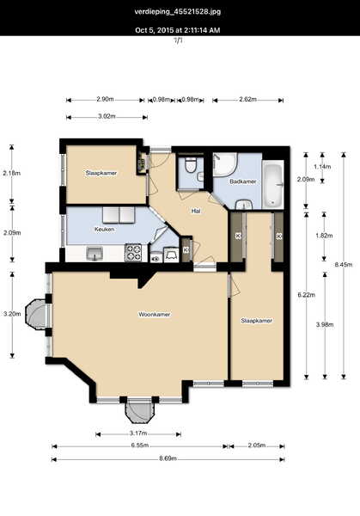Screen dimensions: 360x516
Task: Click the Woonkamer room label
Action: (x=155, y=314)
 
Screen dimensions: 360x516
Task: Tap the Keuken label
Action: (x=104, y=229)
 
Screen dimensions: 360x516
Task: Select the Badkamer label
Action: (x=243, y=181)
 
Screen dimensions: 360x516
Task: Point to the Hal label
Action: (x=196, y=211)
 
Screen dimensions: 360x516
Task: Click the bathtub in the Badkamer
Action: (x=273, y=184)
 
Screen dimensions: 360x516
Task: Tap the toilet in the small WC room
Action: (x=190, y=165)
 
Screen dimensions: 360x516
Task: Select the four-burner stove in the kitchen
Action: (x=133, y=253)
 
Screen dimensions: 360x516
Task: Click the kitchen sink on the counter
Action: (x=95, y=254)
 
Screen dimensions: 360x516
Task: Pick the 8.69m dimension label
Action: (x=168, y=458)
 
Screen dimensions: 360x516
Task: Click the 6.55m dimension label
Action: (x=140, y=445)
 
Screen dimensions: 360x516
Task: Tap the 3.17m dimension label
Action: (x=138, y=433)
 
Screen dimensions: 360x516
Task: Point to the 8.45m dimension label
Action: (x=344, y=264)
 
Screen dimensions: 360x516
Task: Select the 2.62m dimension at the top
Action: (x=247, y=100)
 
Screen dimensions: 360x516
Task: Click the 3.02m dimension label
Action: (x=107, y=116)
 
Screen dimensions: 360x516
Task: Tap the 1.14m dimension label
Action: (x=322, y=167)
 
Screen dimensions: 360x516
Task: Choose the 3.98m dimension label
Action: (x=325, y=324)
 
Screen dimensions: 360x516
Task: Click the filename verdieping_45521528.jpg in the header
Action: (x=178, y=12)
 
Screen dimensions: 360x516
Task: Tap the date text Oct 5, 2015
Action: (x=155, y=30)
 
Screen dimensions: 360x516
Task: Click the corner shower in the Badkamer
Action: (x=225, y=164)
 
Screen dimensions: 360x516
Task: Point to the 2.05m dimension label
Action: (x=256, y=445)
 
